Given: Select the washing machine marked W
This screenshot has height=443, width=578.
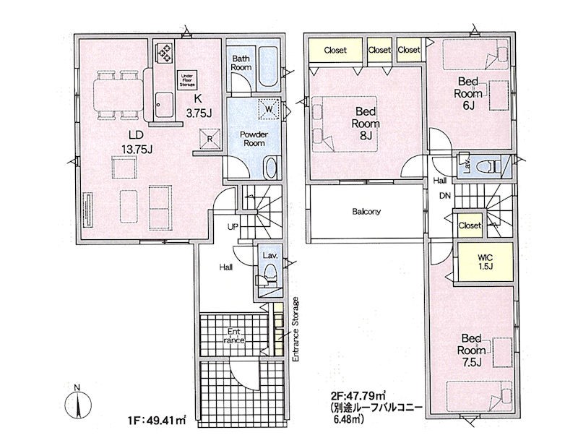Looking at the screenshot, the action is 269,109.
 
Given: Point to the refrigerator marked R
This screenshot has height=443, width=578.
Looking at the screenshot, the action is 210,139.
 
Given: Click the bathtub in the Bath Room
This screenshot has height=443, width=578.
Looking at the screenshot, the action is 268,67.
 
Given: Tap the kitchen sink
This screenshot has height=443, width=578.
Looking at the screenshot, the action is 164,104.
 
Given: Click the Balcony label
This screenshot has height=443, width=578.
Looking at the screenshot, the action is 366,212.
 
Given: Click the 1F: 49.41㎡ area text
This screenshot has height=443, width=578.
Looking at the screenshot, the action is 155,420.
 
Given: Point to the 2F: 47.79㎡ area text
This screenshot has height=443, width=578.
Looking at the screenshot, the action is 358,396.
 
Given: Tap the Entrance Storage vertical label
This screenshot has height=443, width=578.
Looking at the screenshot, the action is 295,330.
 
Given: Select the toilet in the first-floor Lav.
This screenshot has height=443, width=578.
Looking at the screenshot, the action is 271,274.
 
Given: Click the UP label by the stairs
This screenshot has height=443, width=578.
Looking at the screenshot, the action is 233,227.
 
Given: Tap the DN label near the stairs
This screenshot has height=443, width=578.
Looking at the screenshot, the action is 445,196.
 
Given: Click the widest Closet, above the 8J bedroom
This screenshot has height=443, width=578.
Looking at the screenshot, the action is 335,50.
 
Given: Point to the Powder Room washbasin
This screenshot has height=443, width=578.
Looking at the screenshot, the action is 271,168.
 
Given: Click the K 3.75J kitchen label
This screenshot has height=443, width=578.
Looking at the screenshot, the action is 199,106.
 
